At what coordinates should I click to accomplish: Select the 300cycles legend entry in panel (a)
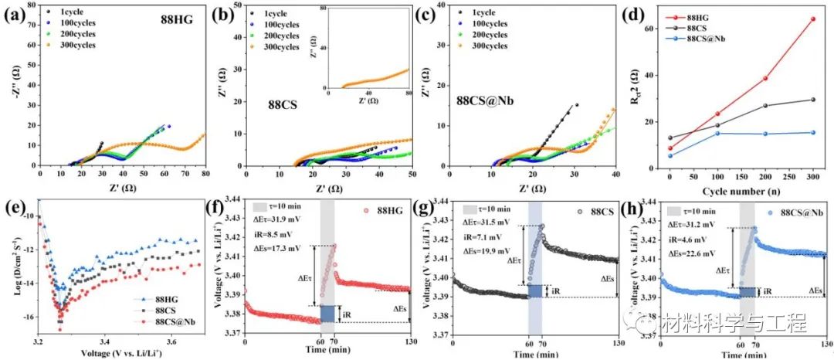coord(76,45)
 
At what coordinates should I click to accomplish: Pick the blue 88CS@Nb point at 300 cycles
coord(812,132)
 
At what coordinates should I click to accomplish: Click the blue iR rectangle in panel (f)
coord(327,314)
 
